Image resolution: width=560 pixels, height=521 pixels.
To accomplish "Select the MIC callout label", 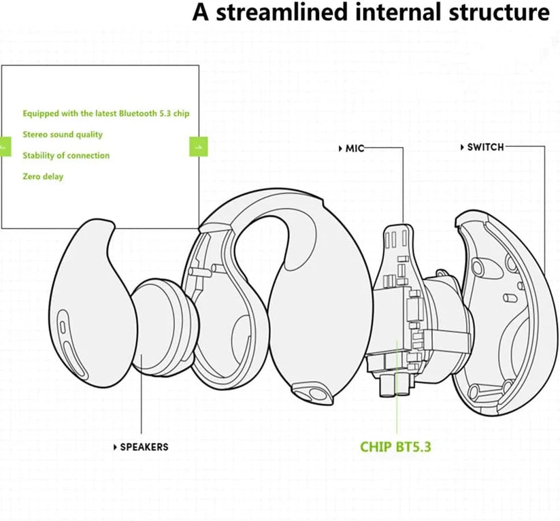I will click(355, 148).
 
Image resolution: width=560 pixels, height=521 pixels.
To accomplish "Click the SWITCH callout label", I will click(485, 147).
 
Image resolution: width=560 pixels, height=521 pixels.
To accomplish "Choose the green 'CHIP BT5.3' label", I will click(395, 447).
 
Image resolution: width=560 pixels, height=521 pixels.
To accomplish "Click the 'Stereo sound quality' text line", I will click(63, 135).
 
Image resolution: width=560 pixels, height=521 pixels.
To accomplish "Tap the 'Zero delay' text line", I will click(43, 177).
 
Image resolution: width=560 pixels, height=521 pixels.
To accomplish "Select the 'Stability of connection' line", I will click(66, 156).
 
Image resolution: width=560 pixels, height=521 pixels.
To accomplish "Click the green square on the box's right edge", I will click(198, 146).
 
